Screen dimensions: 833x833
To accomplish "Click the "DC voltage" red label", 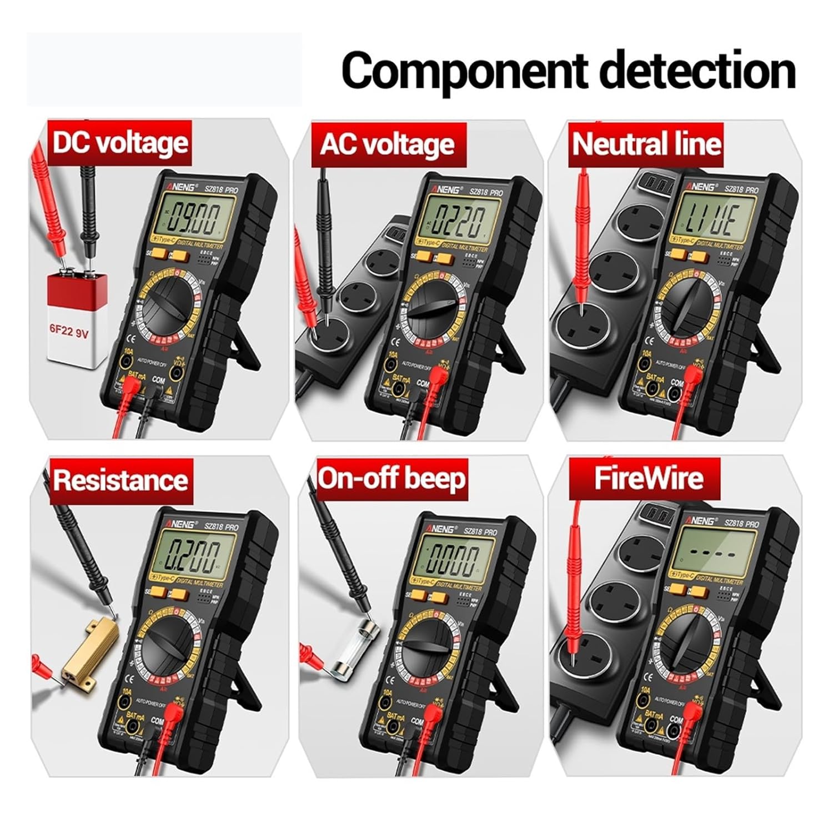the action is tap(120, 143).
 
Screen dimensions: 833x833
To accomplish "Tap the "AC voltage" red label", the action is tap(387, 144).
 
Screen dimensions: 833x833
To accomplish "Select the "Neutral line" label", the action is tap(646, 144).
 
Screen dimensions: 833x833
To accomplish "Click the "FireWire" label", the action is tap(648, 478).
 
